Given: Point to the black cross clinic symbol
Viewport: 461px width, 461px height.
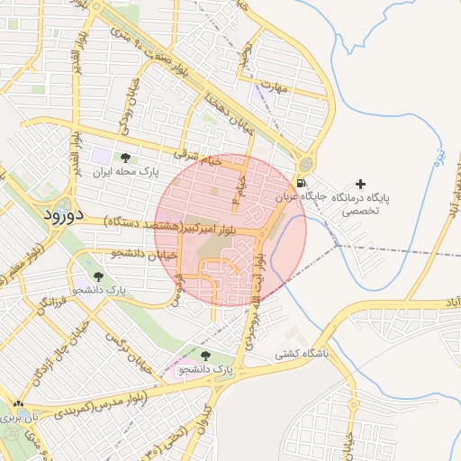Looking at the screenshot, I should pyautogui.click(x=360, y=183).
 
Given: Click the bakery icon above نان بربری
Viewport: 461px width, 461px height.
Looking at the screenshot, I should pyautogui.click(x=18, y=405).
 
